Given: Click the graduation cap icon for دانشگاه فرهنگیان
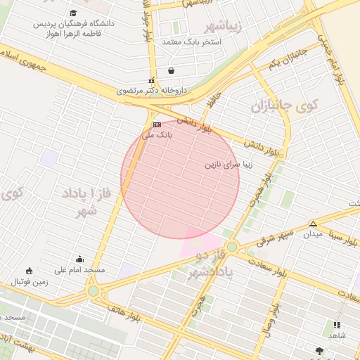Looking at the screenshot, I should point(74,13).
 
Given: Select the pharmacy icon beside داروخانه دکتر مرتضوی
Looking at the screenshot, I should point(150,80).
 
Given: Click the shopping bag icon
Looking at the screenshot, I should point(172,71).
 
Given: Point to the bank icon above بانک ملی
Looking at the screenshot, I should point(157,124).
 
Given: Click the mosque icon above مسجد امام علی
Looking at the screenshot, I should point(79,259).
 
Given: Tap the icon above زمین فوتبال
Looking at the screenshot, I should point(29,271).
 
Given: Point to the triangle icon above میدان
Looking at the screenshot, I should point(313,224).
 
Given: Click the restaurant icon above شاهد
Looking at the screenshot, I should point(337,325).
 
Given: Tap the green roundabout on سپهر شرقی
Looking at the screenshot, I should point(232,246).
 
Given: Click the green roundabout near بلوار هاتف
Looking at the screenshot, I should point(94,290).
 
